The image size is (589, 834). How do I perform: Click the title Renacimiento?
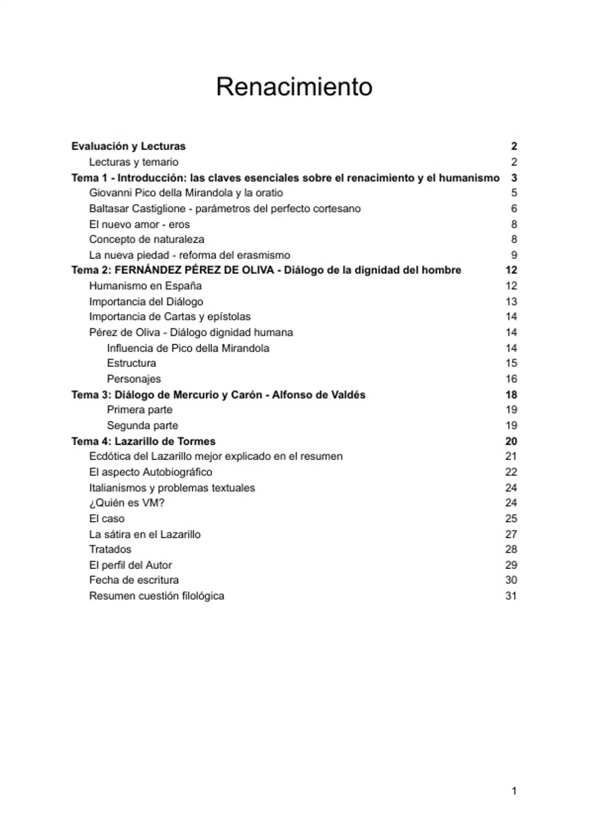(x=294, y=87)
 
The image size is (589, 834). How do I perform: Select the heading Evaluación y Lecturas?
(x=128, y=146)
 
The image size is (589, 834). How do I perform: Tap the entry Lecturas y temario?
(x=134, y=162)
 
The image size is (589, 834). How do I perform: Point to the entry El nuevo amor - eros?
(x=139, y=224)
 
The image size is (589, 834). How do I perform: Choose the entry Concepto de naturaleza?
(x=146, y=239)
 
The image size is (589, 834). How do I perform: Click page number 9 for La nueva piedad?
(x=514, y=255)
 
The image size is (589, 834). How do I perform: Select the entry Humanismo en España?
(x=145, y=286)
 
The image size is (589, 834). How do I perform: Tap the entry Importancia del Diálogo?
(x=146, y=301)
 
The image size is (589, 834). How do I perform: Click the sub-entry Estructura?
(x=132, y=363)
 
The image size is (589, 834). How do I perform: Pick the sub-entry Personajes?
(x=134, y=379)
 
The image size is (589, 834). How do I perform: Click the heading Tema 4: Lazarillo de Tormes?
(x=143, y=441)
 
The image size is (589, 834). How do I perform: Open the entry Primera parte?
(x=139, y=410)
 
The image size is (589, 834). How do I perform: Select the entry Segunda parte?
(x=142, y=425)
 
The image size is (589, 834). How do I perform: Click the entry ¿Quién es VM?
(x=127, y=503)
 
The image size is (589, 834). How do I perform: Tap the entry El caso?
(x=107, y=519)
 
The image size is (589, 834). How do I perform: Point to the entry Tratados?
(x=110, y=549)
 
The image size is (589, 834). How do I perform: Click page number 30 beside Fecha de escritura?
(x=511, y=580)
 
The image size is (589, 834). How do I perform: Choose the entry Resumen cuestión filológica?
(x=157, y=596)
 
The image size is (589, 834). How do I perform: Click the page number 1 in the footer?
(x=514, y=791)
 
